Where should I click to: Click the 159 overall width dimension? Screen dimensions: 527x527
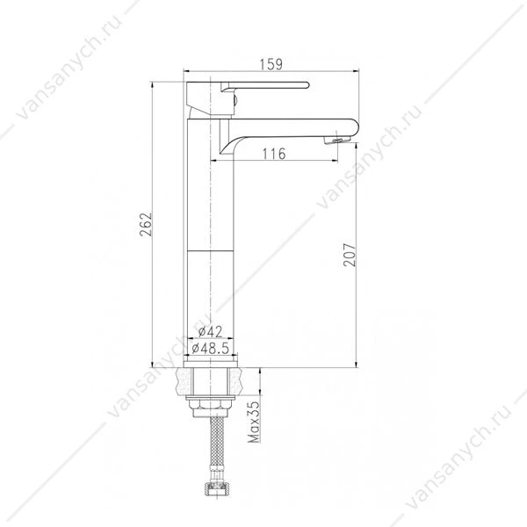click(271, 64)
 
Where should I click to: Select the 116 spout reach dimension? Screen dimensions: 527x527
click(274, 154)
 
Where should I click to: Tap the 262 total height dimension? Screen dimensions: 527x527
click(146, 225)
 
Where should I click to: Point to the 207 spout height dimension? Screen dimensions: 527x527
click(350, 255)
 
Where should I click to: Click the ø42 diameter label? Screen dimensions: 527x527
click(210, 332)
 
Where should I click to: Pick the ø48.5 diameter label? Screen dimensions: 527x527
click(211, 348)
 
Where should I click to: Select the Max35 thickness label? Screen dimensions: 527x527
click(254, 422)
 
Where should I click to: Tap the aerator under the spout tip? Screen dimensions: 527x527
click(336, 140)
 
